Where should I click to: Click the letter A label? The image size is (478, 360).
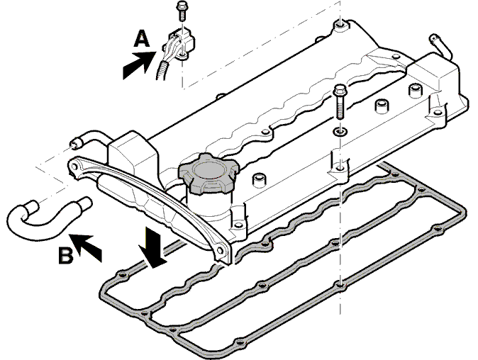pyautogui.click(x=141, y=38)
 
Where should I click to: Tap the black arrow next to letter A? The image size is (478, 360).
pyautogui.click(x=139, y=65)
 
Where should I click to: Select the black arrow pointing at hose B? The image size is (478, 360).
pyautogui.click(x=87, y=247)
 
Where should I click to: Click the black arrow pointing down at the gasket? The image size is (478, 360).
pyautogui.click(x=153, y=248)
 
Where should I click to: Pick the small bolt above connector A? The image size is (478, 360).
pyautogui.click(x=182, y=11)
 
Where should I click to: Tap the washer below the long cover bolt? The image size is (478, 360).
pyautogui.click(x=340, y=132)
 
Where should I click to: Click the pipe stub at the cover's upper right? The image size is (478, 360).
pyautogui.click(x=440, y=47)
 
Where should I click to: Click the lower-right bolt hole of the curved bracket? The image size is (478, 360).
pyautogui.click(x=220, y=250)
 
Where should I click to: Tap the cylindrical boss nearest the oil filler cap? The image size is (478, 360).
pyautogui.click(x=259, y=179)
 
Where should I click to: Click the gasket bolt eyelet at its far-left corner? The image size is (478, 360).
pyautogui.click(x=123, y=276)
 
